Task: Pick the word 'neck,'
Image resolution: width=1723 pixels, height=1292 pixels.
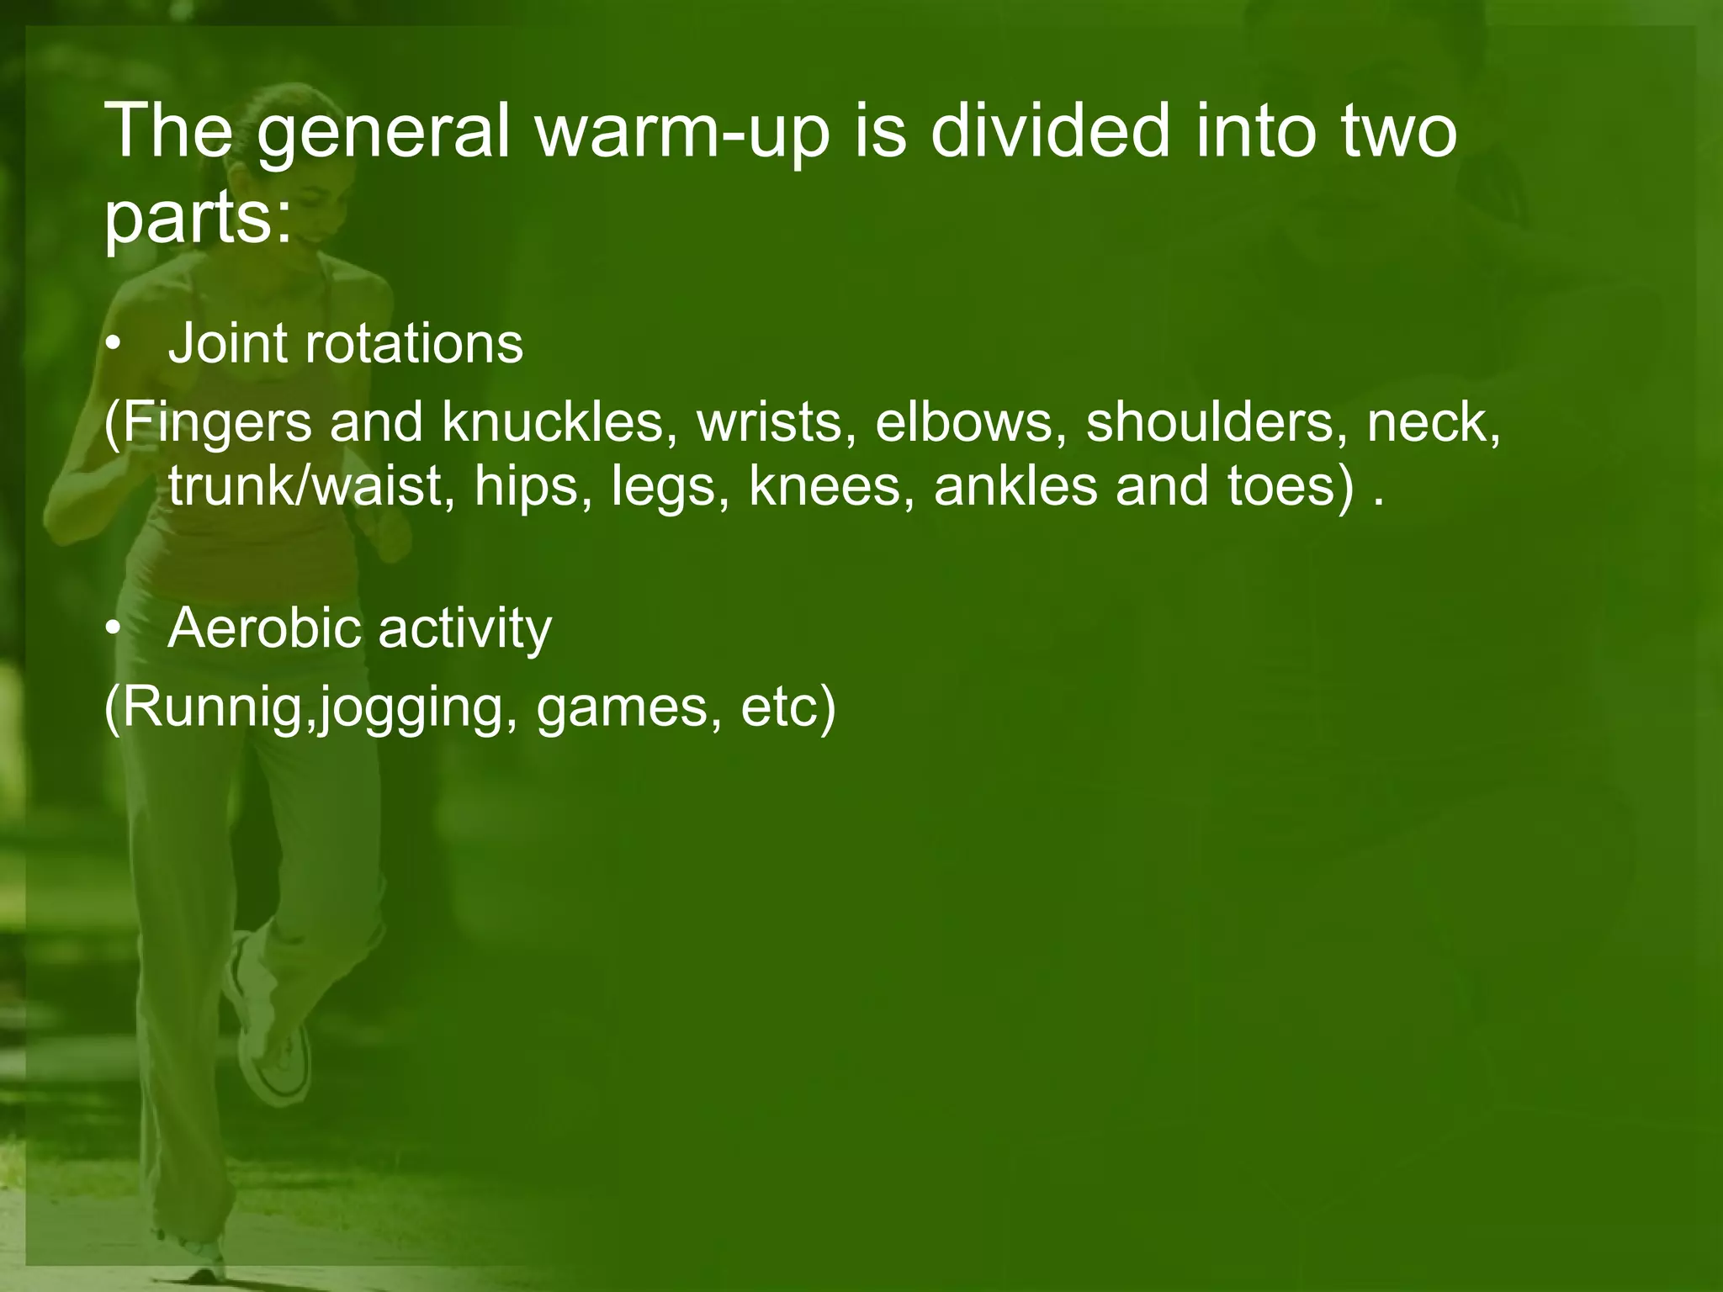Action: click(1434, 423)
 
